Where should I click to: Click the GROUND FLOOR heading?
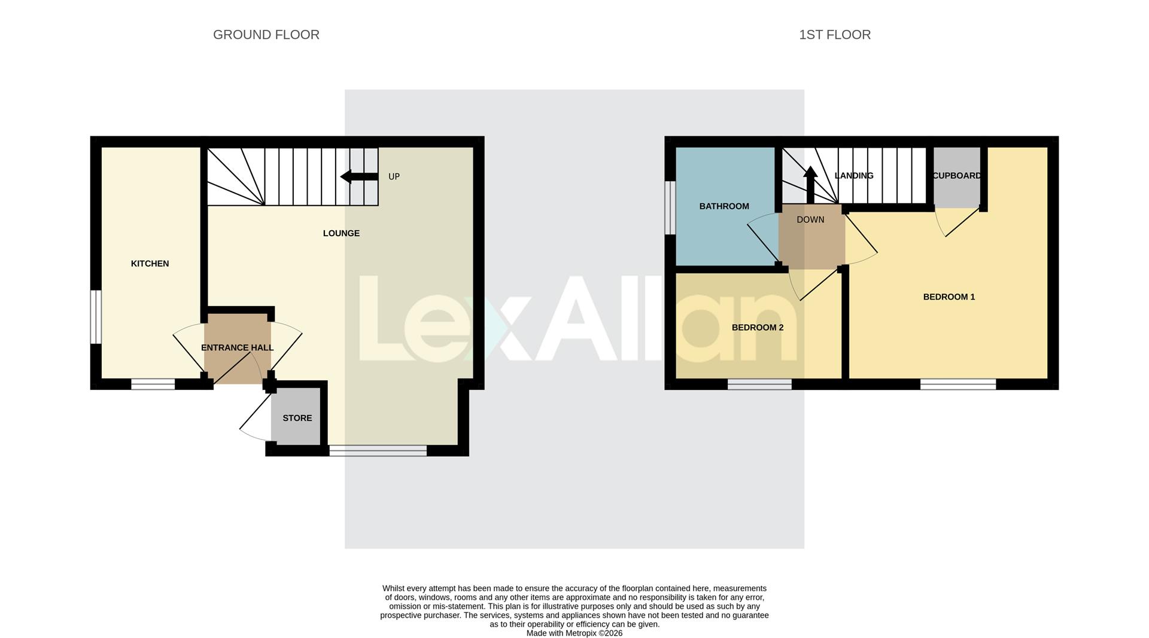[266, 35]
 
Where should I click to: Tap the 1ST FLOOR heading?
[834, 35]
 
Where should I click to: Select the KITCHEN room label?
[150, 264]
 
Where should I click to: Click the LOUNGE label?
[341, 233]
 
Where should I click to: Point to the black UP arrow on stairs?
[358, 176]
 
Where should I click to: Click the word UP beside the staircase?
[394, 176]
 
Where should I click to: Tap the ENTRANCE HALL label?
[237, 347]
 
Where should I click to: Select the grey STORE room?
[297, 418]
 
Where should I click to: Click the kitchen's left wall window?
[96, 317]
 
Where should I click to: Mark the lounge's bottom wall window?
[378, 451]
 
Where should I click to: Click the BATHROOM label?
[724, 206]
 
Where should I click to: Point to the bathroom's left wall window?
[670, 207]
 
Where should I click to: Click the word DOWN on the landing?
[810, 219]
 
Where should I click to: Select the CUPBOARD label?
[956, 176]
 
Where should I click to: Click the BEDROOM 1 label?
[949, 297]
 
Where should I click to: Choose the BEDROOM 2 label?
[757, 328]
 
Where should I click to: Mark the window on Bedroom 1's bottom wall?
[957, 384]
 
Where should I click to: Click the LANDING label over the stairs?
[854, 176]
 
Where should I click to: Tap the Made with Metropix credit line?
[574, 633]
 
